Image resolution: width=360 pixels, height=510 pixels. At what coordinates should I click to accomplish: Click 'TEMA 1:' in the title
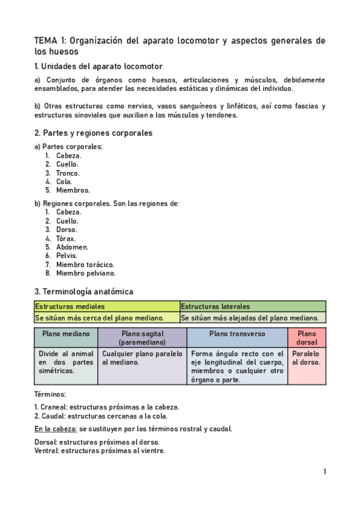click(50, 41)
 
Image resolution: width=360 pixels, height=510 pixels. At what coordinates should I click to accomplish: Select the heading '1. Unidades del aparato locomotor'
click(98, 66)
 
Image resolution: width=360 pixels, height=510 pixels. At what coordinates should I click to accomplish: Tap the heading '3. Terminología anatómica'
click(84, 291)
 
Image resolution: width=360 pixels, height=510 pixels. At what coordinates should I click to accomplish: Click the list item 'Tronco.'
click(67, 173)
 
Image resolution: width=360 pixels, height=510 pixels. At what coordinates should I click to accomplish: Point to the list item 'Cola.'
click(64, 181)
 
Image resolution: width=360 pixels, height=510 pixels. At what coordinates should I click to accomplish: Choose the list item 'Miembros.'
click(73, 190)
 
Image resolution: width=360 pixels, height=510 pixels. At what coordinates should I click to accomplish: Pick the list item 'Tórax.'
click(66, 238)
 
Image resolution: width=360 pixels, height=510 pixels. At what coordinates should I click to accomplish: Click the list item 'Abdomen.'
click(72, 247)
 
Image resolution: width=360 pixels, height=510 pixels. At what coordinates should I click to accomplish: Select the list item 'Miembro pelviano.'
click(86, 272)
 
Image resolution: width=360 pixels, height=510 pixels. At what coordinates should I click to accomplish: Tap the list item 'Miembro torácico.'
click(85, 264)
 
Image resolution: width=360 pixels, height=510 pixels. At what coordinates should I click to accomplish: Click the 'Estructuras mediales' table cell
click(107, 307)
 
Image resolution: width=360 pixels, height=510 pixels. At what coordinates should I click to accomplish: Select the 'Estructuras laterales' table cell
click(252, 307)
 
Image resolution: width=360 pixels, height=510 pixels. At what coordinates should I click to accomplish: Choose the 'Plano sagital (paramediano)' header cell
click(142, 337)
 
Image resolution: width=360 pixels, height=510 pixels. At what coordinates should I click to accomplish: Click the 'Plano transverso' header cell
click(237, 334)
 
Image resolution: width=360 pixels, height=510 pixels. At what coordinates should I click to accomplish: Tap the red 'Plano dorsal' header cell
click(307, 337)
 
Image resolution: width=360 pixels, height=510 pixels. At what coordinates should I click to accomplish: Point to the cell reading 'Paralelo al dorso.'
click(307, 358)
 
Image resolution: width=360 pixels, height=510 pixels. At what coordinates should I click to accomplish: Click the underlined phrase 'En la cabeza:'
click(55, 429)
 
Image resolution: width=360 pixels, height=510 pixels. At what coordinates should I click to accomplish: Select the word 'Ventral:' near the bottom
click(46, 450)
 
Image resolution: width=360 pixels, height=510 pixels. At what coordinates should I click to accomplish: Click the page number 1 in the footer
click(325, 472)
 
